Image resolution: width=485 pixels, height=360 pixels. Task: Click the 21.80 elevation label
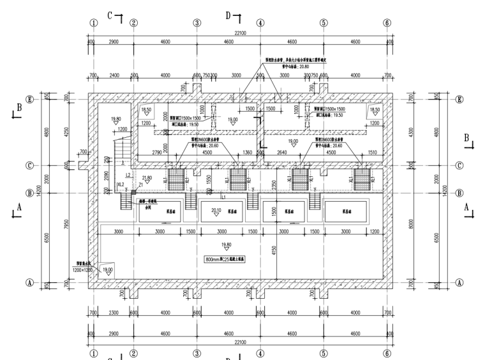pyautogui.click(x=147, y=177)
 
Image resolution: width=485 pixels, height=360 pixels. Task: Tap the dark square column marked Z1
pyautogui.click(x=134, y=190)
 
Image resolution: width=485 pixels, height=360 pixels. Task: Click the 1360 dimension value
pyautogui.click(x=248, y=153)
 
